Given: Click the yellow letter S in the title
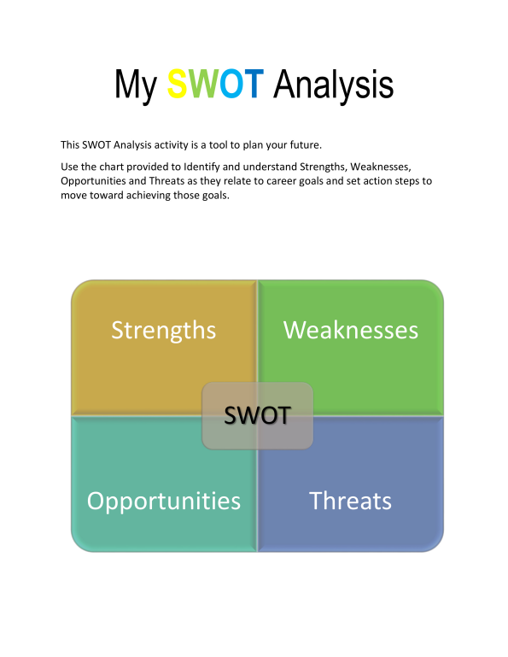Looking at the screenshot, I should [x=178, y=85].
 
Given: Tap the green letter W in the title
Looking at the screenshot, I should [x=204, y=85].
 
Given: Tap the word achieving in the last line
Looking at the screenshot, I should [x=155, y=197].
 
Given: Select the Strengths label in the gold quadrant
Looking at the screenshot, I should [x=164, y=330].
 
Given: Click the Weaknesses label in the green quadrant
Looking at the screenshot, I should [x=351, y=330].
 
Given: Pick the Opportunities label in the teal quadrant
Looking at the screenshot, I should [x=164, y=500].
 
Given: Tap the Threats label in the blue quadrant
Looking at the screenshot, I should [x=351, y=500].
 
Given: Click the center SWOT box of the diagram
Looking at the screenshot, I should [x=257, y=416].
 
